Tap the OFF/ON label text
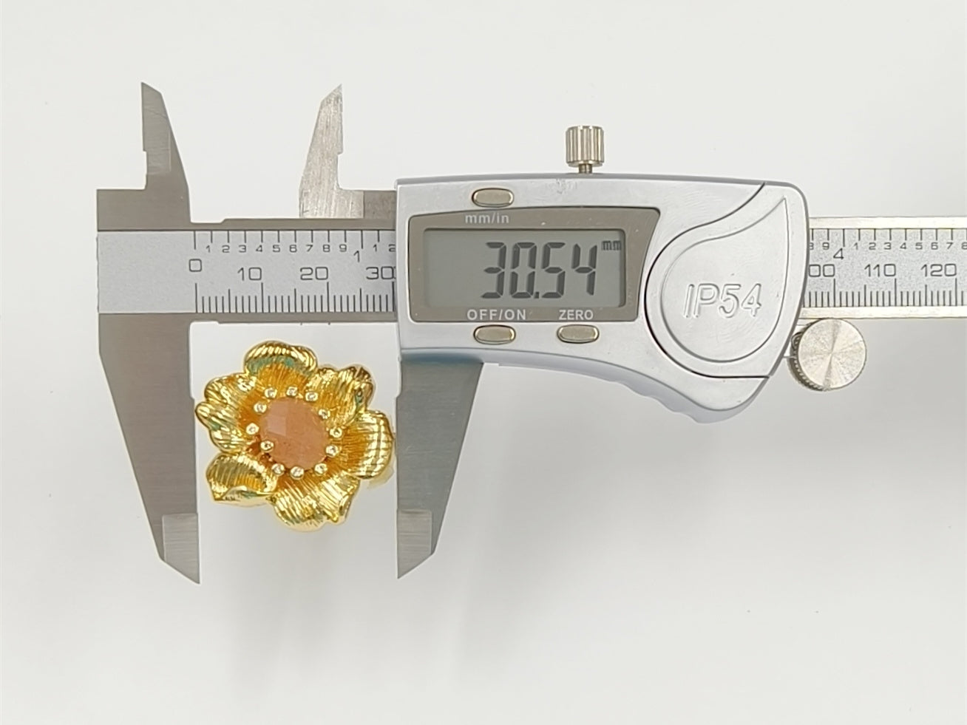497,315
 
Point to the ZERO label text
576,315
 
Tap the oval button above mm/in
492,197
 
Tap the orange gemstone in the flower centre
294,433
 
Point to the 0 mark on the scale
194,265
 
